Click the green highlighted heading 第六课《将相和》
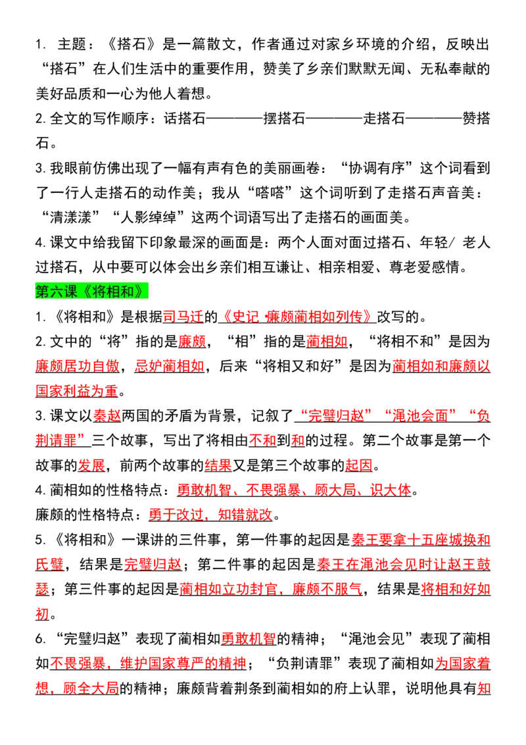(x=91, y=292)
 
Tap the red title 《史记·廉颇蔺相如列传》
(x=298, y=317)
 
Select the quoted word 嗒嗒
(x=269, y=193)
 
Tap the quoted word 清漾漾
(x=70, y=218)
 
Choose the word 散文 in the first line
(x=222, y=45)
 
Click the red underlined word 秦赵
(x=107, y=416)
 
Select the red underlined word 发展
(x=91, y=465)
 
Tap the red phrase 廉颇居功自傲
(x=78, y=367)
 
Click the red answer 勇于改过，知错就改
(x=211, y=515)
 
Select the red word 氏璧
(x=49, y=565)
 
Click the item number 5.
(x=40, y=540)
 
